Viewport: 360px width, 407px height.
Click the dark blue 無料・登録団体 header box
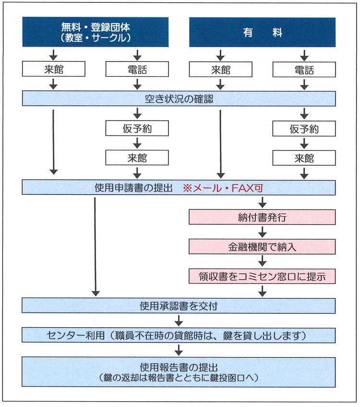[96, 32]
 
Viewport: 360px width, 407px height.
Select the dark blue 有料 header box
[262, 32]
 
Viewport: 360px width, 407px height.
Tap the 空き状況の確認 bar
[179, 99]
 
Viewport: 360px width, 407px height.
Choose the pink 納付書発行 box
[262, 217]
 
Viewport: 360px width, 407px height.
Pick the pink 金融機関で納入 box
[262, 247]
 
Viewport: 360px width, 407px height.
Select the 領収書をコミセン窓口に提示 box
[262, 276]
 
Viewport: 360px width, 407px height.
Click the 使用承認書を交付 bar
[179, 306]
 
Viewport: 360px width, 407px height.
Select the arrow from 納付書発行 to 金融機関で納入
[262, 232]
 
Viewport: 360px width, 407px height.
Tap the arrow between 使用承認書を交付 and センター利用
[179, 321]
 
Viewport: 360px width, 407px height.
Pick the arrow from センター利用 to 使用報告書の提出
[179, 349]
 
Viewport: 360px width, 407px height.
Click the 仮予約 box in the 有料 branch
[304, 129]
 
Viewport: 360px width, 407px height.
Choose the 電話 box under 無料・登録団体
[137, 70]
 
